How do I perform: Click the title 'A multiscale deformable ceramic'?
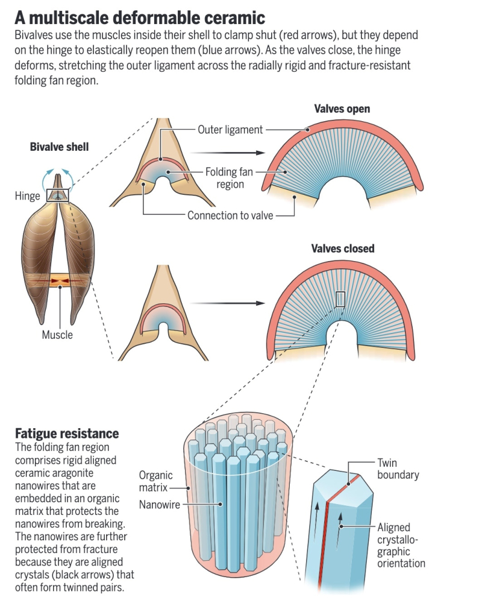[x=140, y=16]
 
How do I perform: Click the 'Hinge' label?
[x=27, y=195]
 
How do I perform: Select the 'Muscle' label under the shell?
[x=57, y=335]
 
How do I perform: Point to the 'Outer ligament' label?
[x=230, y=130]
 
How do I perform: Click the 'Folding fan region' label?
[x=228, y=178]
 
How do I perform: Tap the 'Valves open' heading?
[x=342, y=109]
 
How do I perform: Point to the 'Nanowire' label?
[x=160, y=505]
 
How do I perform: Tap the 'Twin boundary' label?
[x=397, y=469]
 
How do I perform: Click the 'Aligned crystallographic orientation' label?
[x=401, y=545]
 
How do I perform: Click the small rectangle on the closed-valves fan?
[x=340, y=299]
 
